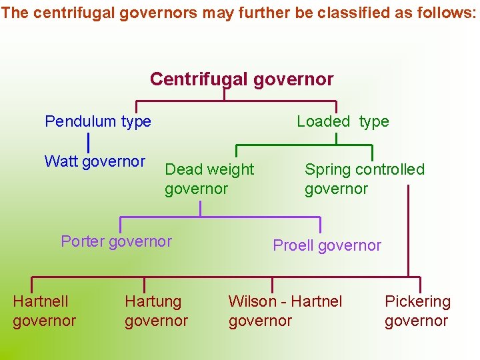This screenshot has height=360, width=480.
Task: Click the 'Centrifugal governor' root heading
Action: (241, 79)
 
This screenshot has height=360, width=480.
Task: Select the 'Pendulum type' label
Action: (98, 121)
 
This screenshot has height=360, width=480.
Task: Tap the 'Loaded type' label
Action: (343, 121)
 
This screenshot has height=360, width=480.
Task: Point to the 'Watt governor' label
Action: (95, 161)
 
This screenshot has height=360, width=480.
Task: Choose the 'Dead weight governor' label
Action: (209, 179)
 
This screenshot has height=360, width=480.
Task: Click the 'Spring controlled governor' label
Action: (364, 179)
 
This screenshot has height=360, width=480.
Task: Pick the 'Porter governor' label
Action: (116, 241)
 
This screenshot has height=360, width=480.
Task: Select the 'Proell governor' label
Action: (327, 245)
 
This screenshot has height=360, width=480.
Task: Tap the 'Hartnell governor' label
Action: (44, 311)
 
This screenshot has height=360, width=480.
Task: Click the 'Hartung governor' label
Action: (156, 311)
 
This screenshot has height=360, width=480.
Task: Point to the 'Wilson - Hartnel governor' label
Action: (285, 311)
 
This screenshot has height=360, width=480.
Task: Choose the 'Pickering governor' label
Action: (417, 311)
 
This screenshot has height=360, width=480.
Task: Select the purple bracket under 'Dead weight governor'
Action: (220, 217)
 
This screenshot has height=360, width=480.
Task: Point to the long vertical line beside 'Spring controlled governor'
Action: (408, 230)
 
